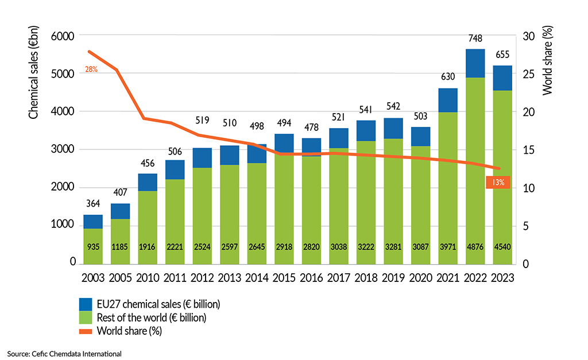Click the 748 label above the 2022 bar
[x=475, y=38]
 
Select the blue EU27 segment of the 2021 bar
[x=448, y=100]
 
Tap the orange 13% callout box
[x=498, y=183]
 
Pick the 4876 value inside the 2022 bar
[x=475, y=248]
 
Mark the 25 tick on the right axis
[x=529, y=74]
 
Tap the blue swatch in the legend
[x=86, y=303]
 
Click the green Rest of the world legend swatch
[x=86, y=317]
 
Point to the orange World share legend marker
[x=86, y=330]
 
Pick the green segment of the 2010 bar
[x=148, y=218]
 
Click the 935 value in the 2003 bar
[x=93, y=248]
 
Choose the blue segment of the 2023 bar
[x=502, y=78]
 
